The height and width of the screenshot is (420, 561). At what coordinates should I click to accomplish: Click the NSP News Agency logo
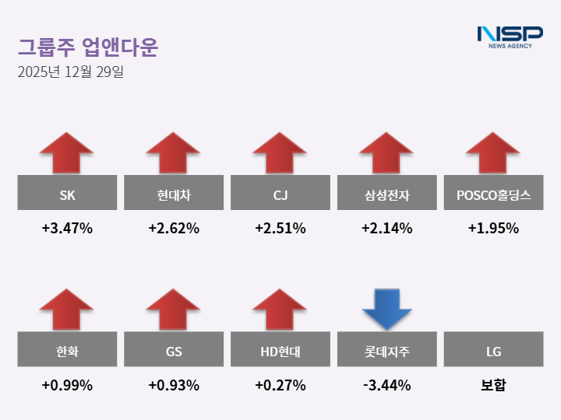tap(510, 37)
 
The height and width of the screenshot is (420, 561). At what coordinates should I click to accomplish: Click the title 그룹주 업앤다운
tap(87, 47)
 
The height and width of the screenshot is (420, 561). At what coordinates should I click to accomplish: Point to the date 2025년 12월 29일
tap(70, 72)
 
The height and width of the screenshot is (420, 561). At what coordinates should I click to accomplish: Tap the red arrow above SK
tap(67, 153)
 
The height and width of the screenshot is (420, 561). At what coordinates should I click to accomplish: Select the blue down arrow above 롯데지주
tap(386, 308)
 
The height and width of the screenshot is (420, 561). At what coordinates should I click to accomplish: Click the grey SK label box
tap(67, 193)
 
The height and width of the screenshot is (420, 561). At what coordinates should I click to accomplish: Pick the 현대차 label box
tap(174, 193)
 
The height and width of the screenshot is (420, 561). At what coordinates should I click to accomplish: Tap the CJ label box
tap(280, 193)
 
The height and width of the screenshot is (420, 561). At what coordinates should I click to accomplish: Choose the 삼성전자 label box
tap(386, 193)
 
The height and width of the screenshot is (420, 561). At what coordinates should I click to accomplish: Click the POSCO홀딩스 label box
tap(493, 193)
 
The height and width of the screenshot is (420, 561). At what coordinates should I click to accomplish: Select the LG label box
tap(493, 350)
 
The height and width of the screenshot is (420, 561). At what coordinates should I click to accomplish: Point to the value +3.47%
tap(67, 229)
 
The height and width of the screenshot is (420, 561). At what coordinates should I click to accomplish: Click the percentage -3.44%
tap(386, 385)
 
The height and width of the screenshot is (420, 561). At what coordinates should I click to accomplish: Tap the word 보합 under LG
tap(493, 385)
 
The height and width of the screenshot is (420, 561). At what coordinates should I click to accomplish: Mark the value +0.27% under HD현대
tap(280, 385)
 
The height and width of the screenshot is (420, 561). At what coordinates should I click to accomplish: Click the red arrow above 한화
tap(67, 310)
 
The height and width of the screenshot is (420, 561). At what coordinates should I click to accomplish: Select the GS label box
tap(174, 350)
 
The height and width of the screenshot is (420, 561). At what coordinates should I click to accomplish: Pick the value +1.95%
tap(493, 229)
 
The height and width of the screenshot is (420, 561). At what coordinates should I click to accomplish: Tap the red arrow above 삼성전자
tap(386, 153)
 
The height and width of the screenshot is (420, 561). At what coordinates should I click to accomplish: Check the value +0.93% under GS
tap(174, 385)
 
